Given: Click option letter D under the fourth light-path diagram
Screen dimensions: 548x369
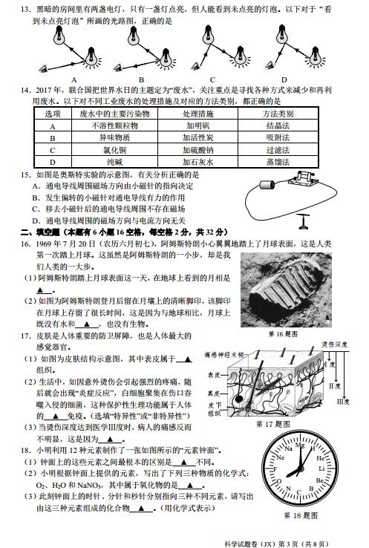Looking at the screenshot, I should point(284,80).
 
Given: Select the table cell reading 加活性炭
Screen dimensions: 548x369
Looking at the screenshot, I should point(198,137).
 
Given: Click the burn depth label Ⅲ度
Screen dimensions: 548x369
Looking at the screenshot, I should point(343,402).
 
